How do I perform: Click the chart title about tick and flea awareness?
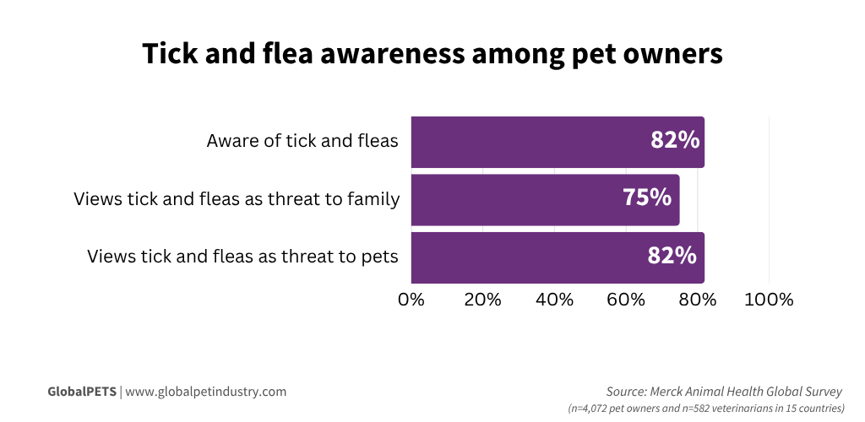[x=432, y=53]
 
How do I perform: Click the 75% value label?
[x=647, y=198]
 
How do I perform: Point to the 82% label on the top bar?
[x=675, y=141]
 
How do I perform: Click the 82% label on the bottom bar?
[x=672, y=256]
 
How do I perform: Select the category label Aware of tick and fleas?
[x=302, y=141]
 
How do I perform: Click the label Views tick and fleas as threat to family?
[x=237, y=199]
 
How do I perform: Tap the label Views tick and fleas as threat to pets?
[x=242, y=257]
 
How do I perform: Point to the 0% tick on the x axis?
[x=411, y=300]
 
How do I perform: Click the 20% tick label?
[x=482, y=300]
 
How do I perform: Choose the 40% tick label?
[x=554, y=300]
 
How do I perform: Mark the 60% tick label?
[x=626, y=300]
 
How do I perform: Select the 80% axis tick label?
[x=698, y=300]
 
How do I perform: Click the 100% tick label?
[x=769, y=300]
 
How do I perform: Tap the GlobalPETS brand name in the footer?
[x=82, y=392]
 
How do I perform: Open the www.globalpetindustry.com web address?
[x=206, y=392]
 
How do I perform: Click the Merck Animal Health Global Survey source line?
[x=724, y=392]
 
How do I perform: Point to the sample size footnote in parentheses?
[x=705, y=408]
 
